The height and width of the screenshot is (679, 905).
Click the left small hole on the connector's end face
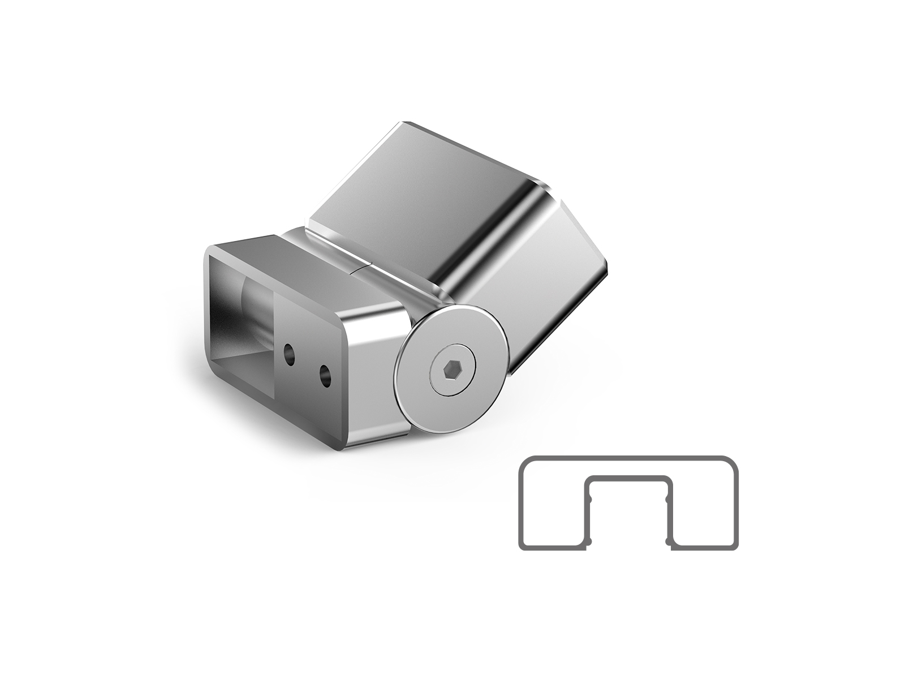pos(289,354)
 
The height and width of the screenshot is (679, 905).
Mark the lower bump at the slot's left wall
pos(588,543)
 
